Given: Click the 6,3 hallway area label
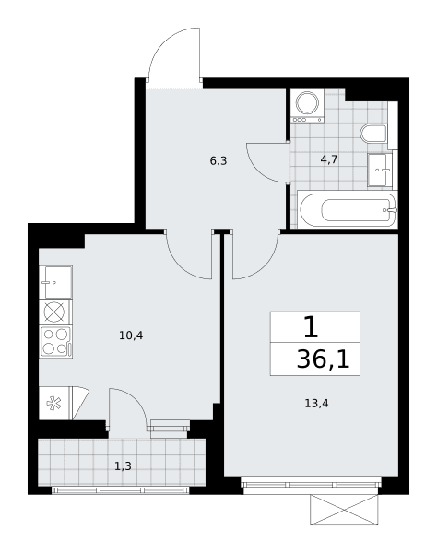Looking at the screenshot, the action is click(218, 161).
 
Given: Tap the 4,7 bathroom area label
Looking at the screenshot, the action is click(329, 159).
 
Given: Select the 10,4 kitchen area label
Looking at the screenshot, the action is click(131, 335).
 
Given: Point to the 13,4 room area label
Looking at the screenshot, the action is click(316, 403).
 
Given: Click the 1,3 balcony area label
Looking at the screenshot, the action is click(124, 466).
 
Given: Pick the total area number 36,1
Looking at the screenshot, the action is click(323, 360).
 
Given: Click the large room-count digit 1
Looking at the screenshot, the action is click(311, 327).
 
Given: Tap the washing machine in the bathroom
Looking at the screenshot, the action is click(307, 106).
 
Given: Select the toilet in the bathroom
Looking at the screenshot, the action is click(374, 134).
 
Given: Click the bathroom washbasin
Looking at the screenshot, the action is click(380, 170).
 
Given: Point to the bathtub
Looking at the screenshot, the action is click(348, 210).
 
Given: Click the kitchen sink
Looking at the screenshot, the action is click(55, 283).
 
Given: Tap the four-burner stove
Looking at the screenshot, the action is click(56, 342).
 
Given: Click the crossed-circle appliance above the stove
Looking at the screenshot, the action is click(54, 312).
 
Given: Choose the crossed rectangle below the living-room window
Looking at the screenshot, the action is click(344, 510).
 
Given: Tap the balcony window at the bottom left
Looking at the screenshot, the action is click(120, 490).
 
